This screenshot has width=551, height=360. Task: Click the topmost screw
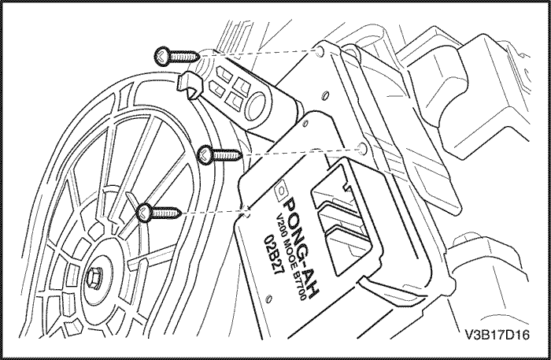tap(178, 55)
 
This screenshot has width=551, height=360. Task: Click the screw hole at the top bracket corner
tap(320, 53)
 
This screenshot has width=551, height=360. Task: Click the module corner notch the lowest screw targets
tap(249, 211)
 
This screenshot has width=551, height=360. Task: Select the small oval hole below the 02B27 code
tap(271, 299)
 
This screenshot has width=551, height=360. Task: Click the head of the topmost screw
tap(161, 55)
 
